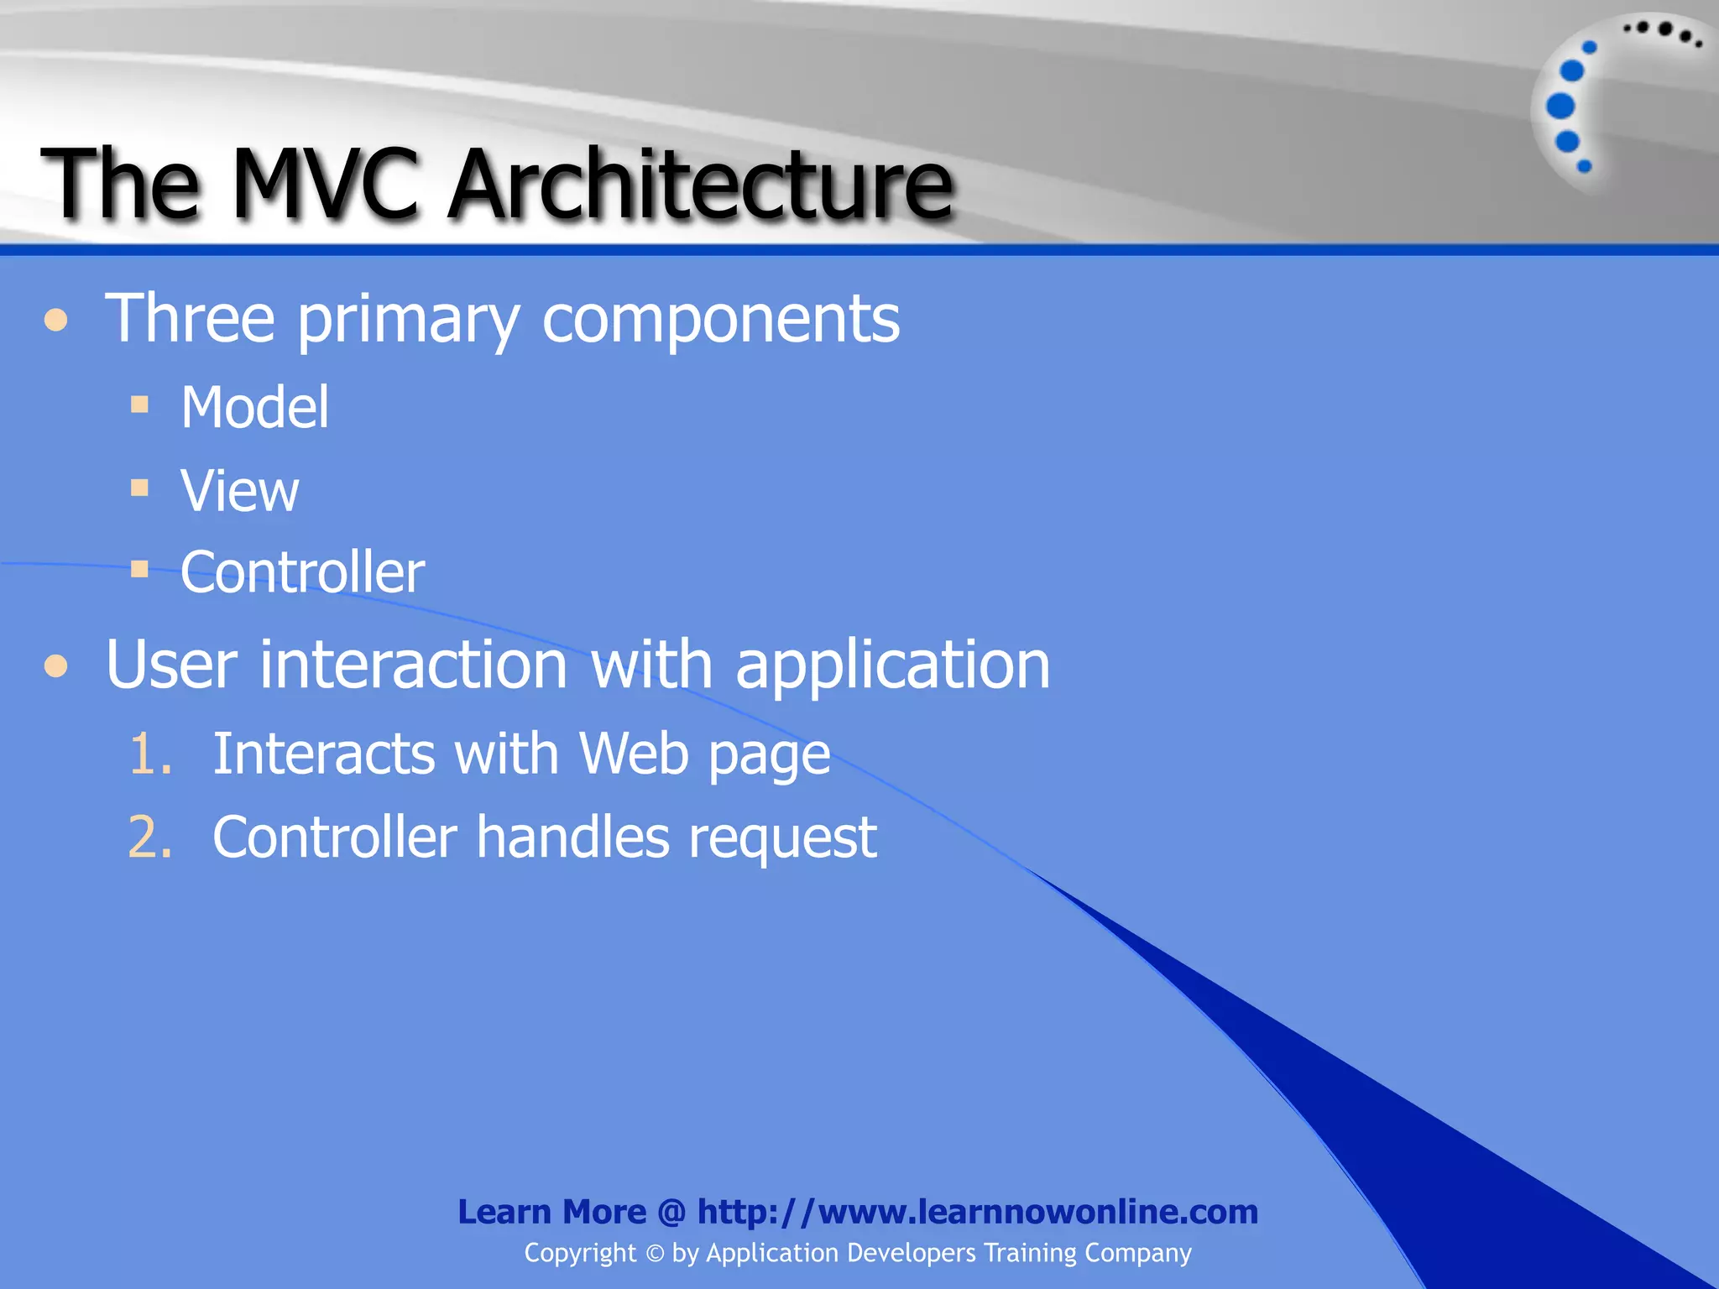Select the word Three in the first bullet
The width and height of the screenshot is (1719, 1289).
pyautogui.click(x=190, y=319)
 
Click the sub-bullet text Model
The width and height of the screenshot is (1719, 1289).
pyautogui.click(x=254, y=408)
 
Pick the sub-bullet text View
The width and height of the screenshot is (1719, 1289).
pyautogui.click(x=239, y=491)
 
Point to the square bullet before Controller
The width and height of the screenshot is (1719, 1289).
pyautogui.click(x=140, y=570)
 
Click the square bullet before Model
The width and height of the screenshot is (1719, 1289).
pyautogui.click(x=140, y=405)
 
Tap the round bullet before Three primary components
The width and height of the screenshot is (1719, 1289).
pyautogui.click(x=56, y=320)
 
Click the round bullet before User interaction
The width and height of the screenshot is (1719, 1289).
pyautogui.click(x=56, y=666)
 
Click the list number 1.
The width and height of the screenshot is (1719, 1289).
pyautogui.click(x=149, y=754)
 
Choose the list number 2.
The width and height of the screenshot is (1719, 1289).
pyautogui.click(x=149, y=838)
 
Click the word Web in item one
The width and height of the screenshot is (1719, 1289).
pyautogui.click(x=634, y=754)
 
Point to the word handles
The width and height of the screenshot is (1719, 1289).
pyautogui.click(x=572, y=838)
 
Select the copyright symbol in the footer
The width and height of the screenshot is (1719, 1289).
pyautogui.click(x=655, y=1254)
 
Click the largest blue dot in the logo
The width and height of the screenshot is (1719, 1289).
pyautogui.click(x=1560, y=106)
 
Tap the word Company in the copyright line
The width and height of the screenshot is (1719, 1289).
pyautogui.click(x=1137, y=1254)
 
